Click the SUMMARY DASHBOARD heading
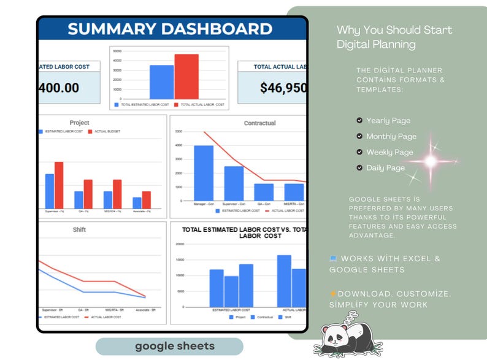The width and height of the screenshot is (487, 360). point(170,29)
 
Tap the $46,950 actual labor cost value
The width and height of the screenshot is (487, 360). point(283,88)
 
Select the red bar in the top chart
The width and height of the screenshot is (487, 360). point(186,77)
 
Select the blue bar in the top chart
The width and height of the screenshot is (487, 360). point(162,82)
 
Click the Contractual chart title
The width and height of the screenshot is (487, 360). point(259,123)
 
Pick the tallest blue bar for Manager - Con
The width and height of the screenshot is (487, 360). point(204,173)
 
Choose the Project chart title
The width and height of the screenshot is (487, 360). point(79,123)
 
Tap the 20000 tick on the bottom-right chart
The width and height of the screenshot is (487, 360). point(179,244)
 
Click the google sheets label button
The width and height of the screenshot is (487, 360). point(169,347)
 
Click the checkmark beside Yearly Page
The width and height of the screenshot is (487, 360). point(359,121)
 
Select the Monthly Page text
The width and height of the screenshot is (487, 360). point(391,137)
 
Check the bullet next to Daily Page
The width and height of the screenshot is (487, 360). point(359,168)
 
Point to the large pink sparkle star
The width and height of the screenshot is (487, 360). point(431,161)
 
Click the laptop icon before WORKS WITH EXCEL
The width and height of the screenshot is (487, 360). point(333,259)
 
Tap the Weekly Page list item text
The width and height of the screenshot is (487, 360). point(389,152)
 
